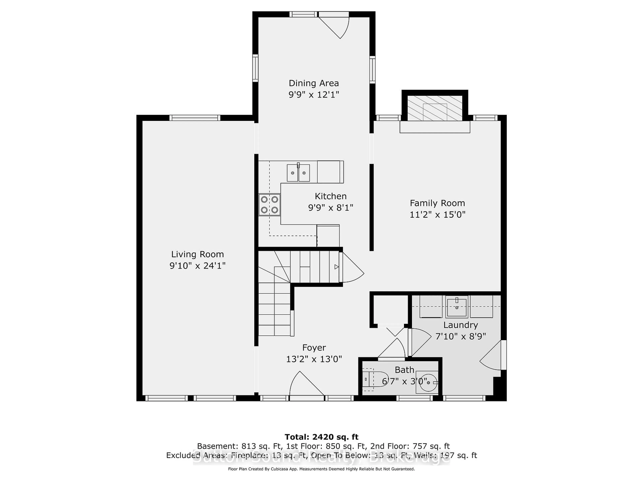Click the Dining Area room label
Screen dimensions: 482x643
click(314, 83)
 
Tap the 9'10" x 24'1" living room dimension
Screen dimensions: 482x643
click(197, 266)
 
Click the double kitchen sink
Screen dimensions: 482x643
click(298, 173)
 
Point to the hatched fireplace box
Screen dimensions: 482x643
click(435, 108)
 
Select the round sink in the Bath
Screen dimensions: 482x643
click(428, 383)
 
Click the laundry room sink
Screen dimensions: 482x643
click(457, 307)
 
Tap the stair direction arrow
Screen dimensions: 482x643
click(336, 267)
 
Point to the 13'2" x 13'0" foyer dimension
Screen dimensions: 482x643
click(314, 359)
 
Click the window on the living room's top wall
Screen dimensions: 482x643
click(195, 118)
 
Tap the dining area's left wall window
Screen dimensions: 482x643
click(255, 68)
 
